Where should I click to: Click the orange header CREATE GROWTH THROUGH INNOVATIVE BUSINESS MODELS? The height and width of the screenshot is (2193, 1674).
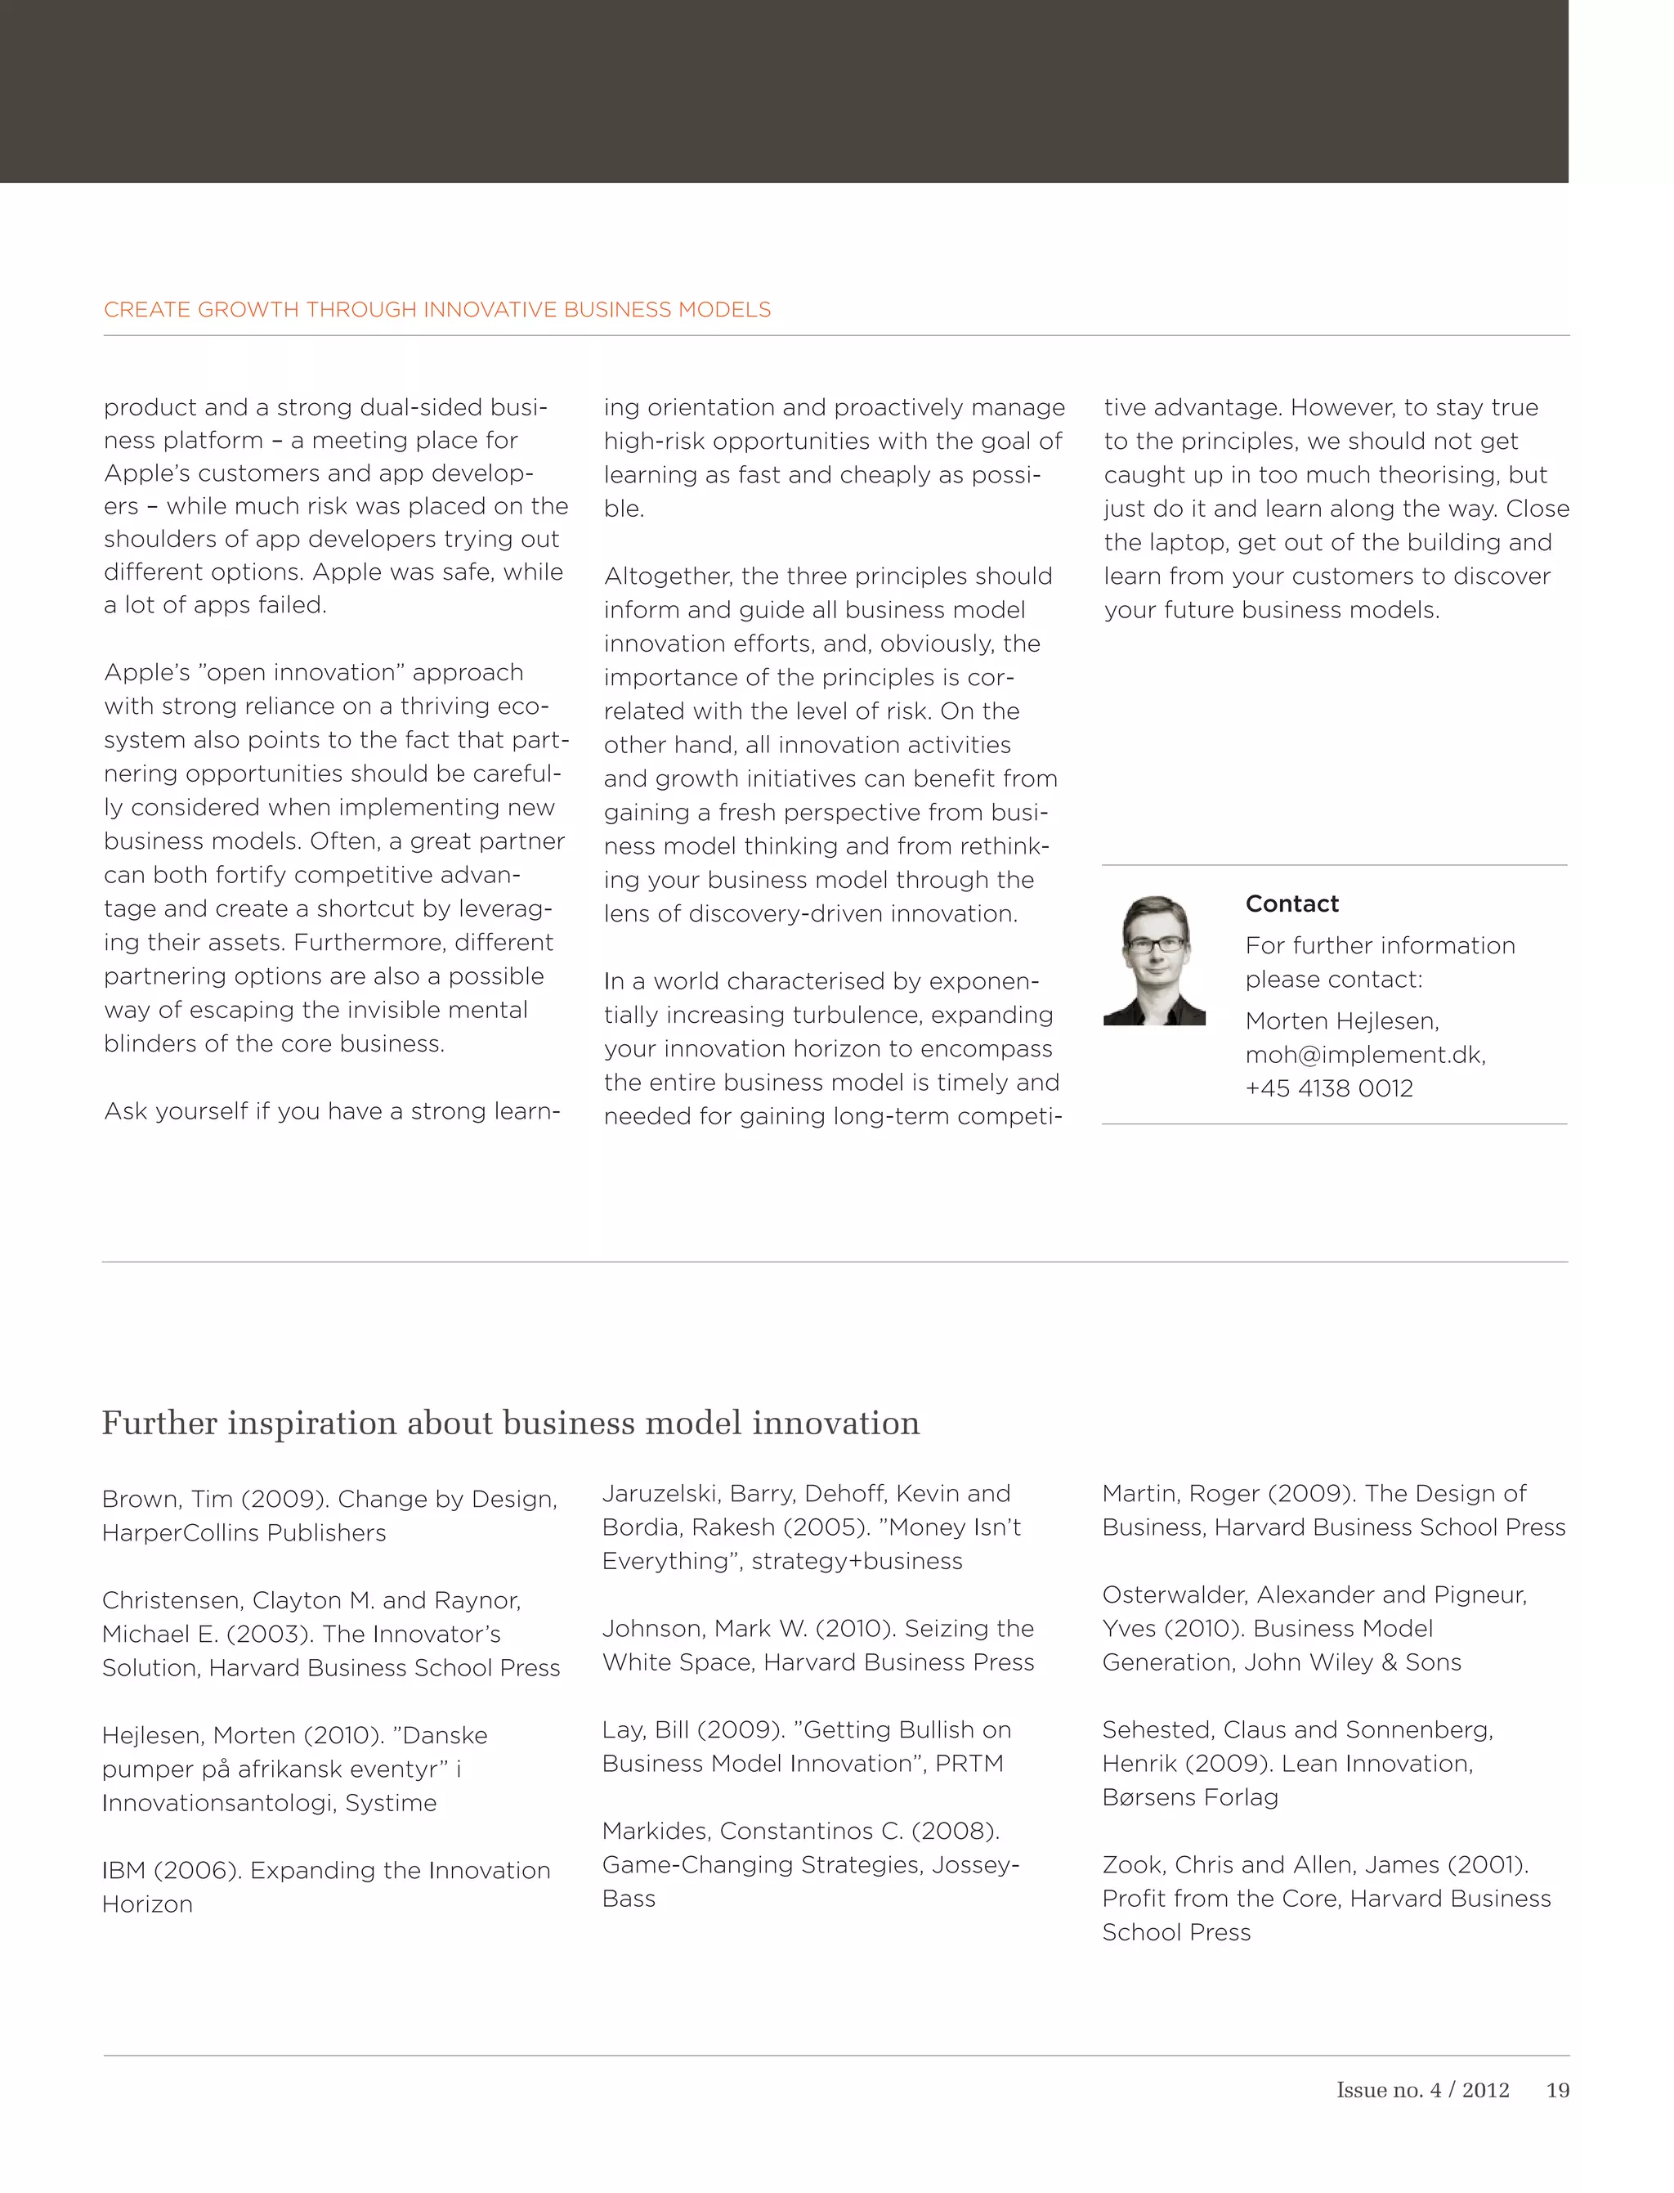pyautogui.click(x=436, y=310)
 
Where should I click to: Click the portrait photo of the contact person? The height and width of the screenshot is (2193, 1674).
pyautogui.click(x=1154, y=960)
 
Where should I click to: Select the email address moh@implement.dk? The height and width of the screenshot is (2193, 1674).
pyautogui.click(x=1364, y=1055)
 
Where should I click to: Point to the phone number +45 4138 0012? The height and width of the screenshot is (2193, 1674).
pyautogui.click(x=1328, y=1088)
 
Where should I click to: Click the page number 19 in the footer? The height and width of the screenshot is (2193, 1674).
pyautogui.click(x=1556, y=2090)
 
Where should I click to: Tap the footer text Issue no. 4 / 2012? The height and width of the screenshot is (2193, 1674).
pyautogui.click(x=1422, y=2090)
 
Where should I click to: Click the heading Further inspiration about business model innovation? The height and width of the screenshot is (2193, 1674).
pyautogui.click(x=510, y=1423)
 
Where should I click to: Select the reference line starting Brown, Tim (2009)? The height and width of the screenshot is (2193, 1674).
pyautogui.click(x=329, y=1500)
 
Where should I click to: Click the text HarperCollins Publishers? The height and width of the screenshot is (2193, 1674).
pyautogui.click(x=244, y=1533)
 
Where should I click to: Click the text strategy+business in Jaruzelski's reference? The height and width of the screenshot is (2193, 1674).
pyautogui.click(x=857, y=1561)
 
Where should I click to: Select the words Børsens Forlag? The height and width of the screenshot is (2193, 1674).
pyautogui.click(x=1190, y=1797)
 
